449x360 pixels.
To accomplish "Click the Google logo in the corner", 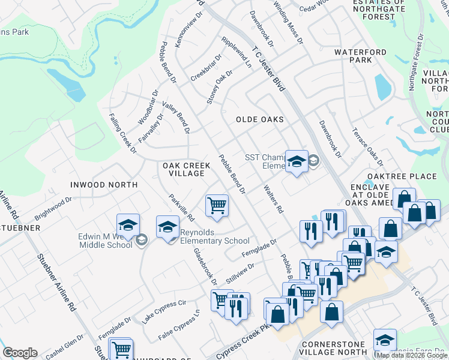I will pos(20,353).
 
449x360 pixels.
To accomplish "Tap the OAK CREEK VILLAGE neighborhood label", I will pos(185,169).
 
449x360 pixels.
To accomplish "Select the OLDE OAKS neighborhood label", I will pos(259,119).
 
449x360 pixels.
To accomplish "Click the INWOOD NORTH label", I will pos(103,185).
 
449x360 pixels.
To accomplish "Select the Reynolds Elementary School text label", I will pos(215,241).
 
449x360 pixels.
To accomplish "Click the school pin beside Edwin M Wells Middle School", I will pos(128,226).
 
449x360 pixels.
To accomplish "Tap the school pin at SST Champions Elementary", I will pos(296,161).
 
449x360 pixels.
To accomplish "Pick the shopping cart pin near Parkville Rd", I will pos(216,205).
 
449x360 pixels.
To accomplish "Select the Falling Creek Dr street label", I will pos(122,133).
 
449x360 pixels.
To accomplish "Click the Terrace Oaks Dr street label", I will pos(367,148).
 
